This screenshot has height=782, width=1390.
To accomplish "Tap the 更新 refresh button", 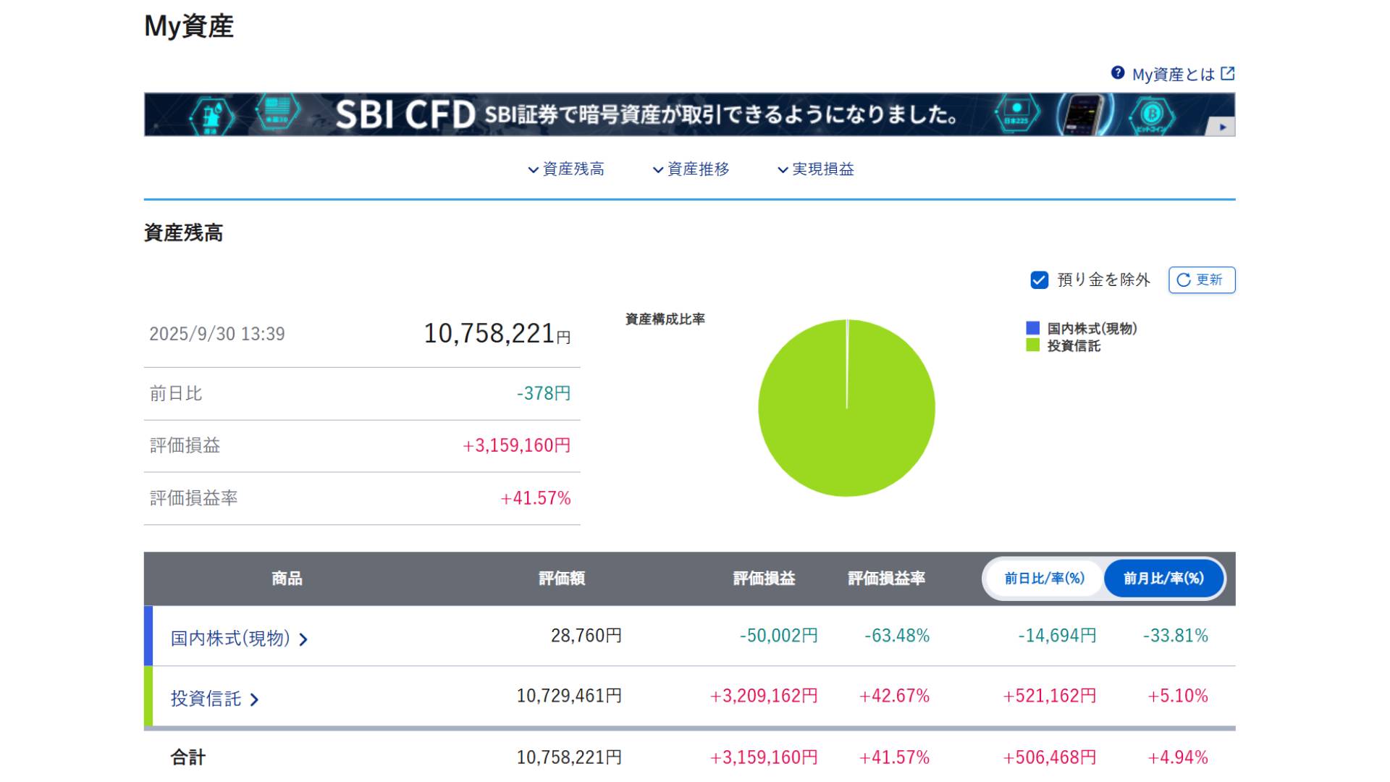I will [1201, 280].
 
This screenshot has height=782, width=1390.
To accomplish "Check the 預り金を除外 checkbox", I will [1039, 280].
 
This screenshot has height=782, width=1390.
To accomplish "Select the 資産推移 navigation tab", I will [691, 169].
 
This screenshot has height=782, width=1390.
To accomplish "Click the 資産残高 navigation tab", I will [566, 169].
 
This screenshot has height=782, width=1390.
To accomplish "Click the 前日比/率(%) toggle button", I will [1044, 579].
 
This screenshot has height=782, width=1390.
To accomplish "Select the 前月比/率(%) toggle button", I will [1163, 579].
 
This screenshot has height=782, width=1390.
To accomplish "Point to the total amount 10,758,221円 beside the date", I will [497, 334].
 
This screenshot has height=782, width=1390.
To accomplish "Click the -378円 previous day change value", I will [544, 393].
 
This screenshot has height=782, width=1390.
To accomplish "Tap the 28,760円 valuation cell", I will [586, 636].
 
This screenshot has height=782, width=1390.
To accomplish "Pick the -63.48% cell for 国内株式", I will [896, 636].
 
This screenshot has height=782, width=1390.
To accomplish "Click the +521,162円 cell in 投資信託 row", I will [1049, 696].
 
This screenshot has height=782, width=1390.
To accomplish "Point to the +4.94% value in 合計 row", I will [1177, 757].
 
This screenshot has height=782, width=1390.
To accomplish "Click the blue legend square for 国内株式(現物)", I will [1033, 328].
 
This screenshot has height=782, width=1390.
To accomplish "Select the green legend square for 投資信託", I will [1033, 345].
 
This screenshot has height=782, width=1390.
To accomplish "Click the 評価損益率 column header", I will [886, 579].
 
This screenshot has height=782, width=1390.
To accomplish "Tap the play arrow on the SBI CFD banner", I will [1222, 127].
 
